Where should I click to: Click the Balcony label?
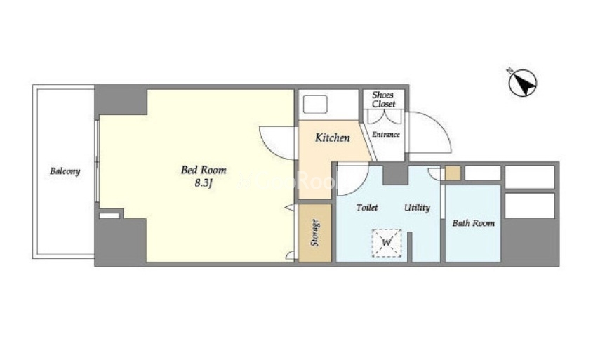tap(65, 171)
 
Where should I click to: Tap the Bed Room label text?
tap(204, 170)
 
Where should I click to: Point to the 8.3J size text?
tap(204, 183)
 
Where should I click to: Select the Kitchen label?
tap(333, 138)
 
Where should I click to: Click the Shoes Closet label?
tap(383, 100)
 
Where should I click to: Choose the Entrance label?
tap(386, 135)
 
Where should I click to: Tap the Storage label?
tap(314, 233)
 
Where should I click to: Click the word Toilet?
tap(367, 208)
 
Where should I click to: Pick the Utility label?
tap(417, 208)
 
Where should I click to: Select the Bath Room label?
tap(474, 223)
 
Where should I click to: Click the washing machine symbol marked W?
tap(387, 243)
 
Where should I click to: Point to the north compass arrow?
tap(523, 83)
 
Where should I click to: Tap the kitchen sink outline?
tap(315, 105)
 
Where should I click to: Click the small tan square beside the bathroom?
tap(453, 173)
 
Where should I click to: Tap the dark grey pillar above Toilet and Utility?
tap(395, 173)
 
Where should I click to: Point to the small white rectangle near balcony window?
tap(109, 215)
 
